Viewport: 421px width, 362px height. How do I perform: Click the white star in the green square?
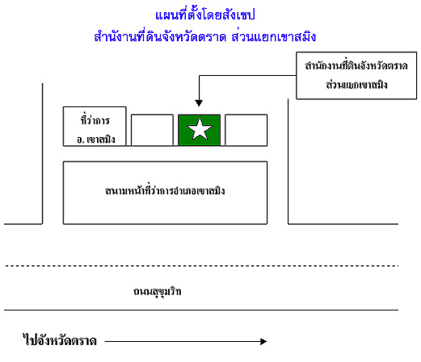(x=200, y=129)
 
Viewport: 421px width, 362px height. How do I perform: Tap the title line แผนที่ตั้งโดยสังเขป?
(x=205, y=15)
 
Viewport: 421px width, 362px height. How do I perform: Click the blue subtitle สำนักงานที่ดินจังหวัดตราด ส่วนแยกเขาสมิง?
(x=205, y=37)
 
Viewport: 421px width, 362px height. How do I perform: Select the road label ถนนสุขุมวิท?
(x=158, y=292)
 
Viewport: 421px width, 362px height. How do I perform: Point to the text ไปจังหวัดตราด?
(x=60, y=340)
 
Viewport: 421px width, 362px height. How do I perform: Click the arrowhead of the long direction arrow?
(x=263, y=341)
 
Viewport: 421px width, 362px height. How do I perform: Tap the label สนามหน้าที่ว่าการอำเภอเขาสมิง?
(x=165, y=190)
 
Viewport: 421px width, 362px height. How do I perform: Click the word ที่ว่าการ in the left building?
(x=95, y=120)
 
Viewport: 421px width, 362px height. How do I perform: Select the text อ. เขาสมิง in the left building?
(x=96, y=139)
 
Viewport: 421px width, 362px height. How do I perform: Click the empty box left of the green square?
(x=152, y=131)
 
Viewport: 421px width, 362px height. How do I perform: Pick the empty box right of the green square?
(x=246, y=131)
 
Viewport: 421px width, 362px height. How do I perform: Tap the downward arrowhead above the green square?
(x=199, y=103)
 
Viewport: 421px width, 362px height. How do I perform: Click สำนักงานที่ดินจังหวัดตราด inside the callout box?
(x=356, y=65)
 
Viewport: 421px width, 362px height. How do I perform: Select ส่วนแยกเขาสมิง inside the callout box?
(x=356, y=85)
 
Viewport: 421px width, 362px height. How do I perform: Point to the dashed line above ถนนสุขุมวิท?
(x=201, y=266)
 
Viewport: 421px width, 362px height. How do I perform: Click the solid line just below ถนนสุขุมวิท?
(x=201, y=310)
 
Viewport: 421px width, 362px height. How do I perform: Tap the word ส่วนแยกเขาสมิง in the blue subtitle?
(x=274, y=37)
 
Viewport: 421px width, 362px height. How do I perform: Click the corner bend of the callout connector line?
(x=199, y=76)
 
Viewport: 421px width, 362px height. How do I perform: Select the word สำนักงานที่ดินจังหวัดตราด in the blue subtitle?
(x=160, y=37)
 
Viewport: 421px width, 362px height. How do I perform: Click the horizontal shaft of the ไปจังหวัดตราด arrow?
(x=183, y=341)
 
